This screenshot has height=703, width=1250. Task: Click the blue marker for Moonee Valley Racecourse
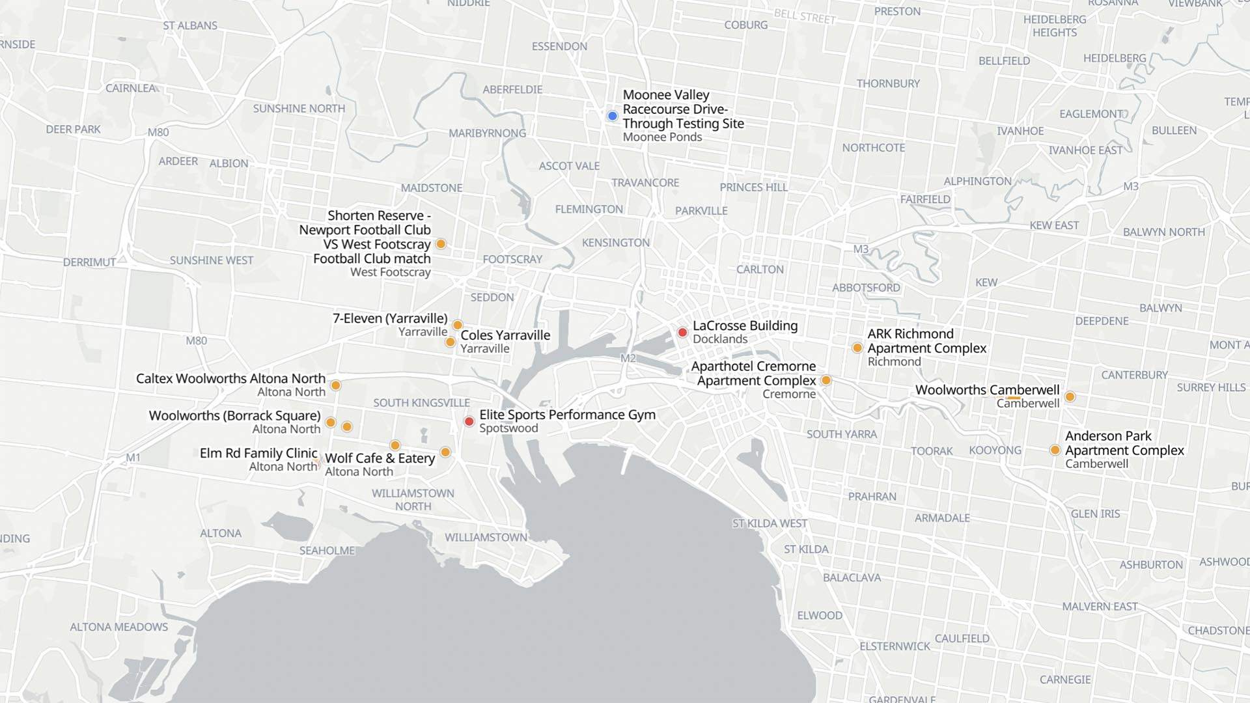click(612, 116)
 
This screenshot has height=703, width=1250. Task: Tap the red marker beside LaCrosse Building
click(682, 333)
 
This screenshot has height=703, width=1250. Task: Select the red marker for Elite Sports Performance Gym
click(469, 421)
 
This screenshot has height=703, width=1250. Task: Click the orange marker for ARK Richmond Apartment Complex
click(857, 348)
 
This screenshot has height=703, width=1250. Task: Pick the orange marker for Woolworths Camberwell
click(1070, 396)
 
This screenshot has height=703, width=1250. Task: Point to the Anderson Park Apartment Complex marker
click(1055, 450)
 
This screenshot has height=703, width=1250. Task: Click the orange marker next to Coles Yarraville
click(450, 342)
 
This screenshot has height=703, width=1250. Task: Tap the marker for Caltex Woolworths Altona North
click(336, 385)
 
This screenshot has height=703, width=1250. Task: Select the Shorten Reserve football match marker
click(441, 244)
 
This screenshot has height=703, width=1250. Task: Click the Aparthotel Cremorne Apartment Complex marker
click(826, 380)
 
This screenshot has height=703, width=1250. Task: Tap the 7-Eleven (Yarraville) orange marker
click(458, 325)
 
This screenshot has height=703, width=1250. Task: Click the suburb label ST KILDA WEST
click(770, 523)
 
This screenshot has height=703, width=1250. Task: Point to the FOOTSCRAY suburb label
click(512, 259)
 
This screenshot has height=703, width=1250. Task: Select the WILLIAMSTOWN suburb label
click(486, 537)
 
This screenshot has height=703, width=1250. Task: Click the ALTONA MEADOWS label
click(119, 627)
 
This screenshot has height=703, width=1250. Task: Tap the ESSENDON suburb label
click(559, 46)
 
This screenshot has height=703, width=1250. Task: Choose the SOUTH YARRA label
click(841, 434)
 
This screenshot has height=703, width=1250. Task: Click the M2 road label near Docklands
click(628, 358)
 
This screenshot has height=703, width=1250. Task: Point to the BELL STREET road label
click(804, 17)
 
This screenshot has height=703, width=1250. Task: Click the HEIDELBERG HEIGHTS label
click(1055, 26)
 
